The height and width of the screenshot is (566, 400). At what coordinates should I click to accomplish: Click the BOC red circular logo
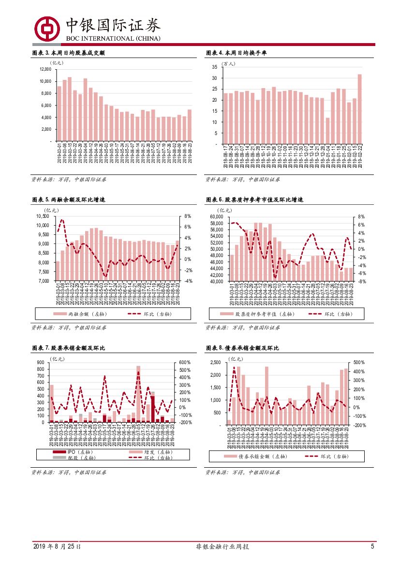pos(46,29)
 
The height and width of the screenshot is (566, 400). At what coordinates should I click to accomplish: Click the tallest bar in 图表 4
pos(359,109)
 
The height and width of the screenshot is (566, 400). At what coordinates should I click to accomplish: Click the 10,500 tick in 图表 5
pos(42,216)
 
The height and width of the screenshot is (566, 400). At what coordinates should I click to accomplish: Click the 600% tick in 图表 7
pos(186,363)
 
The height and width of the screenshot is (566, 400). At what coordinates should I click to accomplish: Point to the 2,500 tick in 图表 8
pos(216,363)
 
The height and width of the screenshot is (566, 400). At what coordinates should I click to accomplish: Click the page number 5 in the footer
pos(372,546)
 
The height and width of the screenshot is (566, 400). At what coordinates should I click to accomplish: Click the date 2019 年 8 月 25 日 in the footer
pos(57,547)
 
